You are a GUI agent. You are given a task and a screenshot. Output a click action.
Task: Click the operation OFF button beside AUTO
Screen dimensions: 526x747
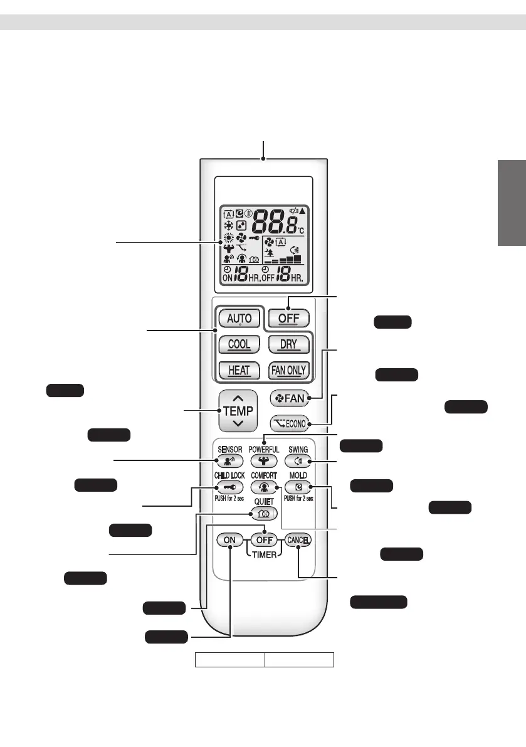(288, 318)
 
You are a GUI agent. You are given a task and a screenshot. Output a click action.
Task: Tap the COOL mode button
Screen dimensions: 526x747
(239, 344)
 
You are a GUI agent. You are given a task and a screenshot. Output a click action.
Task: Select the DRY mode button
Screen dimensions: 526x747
(288, 344)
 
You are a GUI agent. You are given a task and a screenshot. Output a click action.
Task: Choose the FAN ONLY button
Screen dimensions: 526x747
(288, 370)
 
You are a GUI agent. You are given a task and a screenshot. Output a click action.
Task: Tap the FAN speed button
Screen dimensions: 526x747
(288, 398)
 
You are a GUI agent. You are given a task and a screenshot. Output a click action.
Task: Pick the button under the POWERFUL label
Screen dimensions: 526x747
(263, 460)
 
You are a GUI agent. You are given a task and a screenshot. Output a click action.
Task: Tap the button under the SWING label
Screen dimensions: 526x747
(298, 460)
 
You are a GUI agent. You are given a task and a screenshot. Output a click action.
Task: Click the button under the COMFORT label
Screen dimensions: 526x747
(263, 487)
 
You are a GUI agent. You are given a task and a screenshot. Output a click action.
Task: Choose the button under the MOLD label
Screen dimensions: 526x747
(298, 487)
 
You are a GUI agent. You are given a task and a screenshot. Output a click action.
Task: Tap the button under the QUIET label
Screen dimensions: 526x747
(263, 512)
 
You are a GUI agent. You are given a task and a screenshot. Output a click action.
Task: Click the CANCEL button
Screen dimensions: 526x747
(298, 539)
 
